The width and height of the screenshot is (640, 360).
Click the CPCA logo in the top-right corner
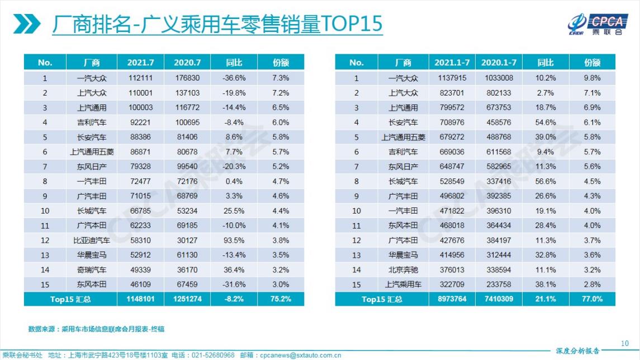click(x=596, y=24)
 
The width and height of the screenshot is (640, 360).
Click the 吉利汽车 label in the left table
click(x=92, y=122)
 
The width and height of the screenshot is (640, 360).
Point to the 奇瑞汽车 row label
click(x=92, y=270)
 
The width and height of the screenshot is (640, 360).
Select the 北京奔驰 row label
click(x=402, y=270)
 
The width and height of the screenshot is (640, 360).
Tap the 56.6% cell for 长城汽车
click(x=546, y=181)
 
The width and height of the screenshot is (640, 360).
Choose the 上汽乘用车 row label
click(x=402, y=285)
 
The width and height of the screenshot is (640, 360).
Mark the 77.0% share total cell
click(x=592, y=299)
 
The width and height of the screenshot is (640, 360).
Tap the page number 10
click(x=625, y=343)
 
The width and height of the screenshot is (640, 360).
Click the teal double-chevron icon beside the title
click(x=28, y=24)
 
